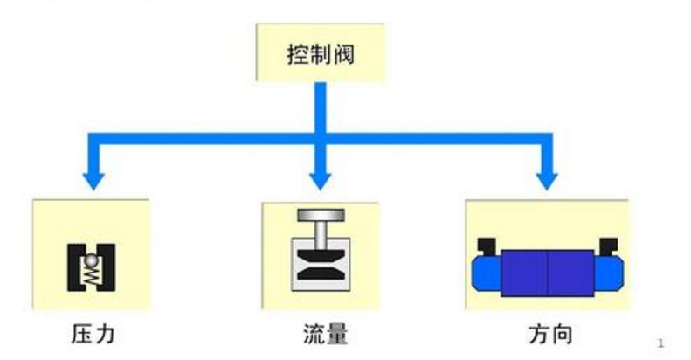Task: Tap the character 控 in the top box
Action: (298, 54)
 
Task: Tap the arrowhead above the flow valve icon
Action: (321, 178)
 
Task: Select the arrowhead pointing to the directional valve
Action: (548, 178)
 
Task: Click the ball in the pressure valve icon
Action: (92, 260)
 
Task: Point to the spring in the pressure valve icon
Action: (92, 274)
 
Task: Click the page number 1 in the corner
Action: (661, 343)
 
